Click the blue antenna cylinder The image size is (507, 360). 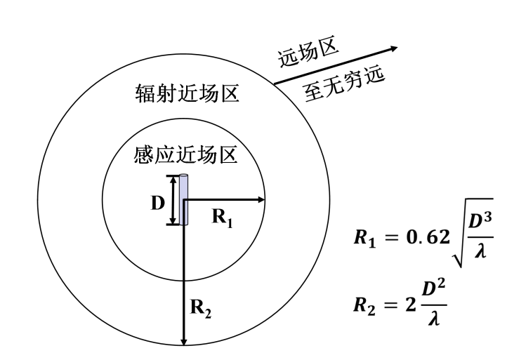pyautogui.click(x=184, y=200)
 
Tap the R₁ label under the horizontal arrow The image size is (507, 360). pyautogui.click(x=223, y=217)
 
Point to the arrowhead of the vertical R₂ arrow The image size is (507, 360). pyautogui.click(x=184, y=342)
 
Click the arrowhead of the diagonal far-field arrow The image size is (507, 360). pyautogui.click(x=393, y=49)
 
